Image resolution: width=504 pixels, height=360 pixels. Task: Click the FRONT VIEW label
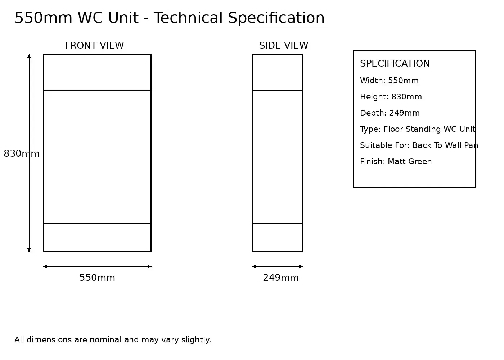coord(94,45)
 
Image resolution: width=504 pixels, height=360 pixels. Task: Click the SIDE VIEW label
coord(284,45)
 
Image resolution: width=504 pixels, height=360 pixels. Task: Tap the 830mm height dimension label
coord(22,153)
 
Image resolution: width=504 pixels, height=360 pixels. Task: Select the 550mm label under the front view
coord(97,278)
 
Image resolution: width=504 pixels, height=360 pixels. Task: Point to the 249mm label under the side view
coord(281,278)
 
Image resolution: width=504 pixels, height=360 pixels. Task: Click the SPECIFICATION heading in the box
coord(395,63)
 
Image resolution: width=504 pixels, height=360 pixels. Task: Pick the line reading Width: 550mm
coord(389,81)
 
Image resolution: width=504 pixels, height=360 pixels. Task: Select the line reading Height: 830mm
coord(391,97)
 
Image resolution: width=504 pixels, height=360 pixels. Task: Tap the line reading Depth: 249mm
coord(390,113)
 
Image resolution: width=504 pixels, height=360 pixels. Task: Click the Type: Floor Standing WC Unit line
coord(418,129)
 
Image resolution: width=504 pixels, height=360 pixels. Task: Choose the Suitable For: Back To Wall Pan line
coord(419,145)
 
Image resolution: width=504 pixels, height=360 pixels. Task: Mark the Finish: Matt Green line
coord(396,162)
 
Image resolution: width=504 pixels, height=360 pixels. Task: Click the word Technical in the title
coord(188,18)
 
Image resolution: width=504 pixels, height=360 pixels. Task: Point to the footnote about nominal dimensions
coord(113,340)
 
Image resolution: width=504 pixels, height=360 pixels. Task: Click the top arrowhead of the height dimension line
coord(29,56)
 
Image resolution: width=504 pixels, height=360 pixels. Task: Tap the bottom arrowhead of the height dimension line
coord(29,250)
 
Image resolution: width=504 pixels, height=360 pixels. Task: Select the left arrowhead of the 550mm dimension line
coord(45,267)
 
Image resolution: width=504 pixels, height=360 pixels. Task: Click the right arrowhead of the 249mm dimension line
coord(301,267)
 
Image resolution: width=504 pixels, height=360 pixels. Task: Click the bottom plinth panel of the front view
coord(97,238)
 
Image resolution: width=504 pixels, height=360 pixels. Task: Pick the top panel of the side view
coord(277,72)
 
